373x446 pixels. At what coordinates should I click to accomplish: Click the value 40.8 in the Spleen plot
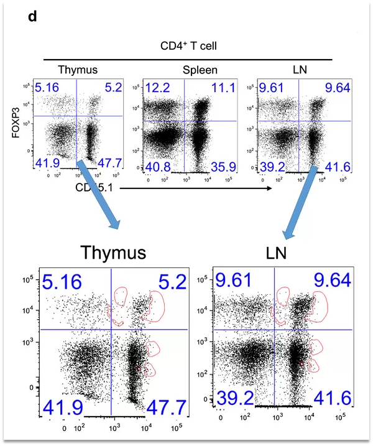158,167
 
